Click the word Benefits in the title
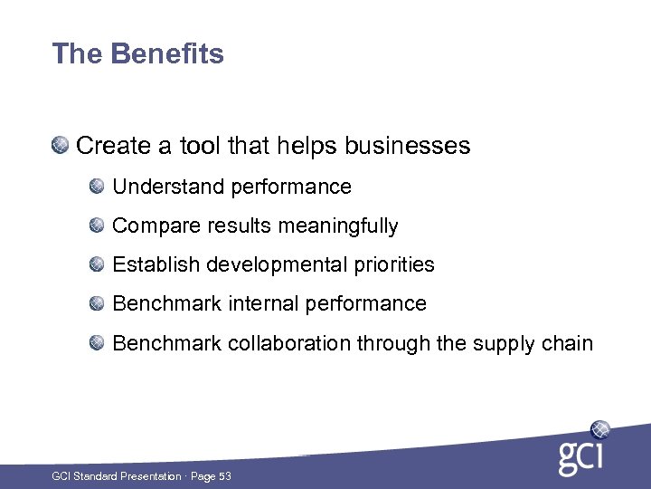pyautogui.click(x=167, y=54)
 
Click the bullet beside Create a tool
pyautogui.click(x=60, y=144)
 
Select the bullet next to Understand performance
pyautogui.click(x=97, y=186)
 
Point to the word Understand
pyautogui.click(x=168, y=187)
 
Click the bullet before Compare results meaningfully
pyautogui.click(x=97, y=225)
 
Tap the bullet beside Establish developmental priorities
pyautogui.click(x=97, y=264)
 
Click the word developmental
pyautogui.click(x=276, y=265)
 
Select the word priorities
pyautogui.click(x=394, y=265)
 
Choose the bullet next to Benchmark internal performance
pyautogui.click(x=97, y=302)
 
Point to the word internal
pyautogui.click(x=267, y=303)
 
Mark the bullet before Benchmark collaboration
pyautogui.click(x=97, y=342)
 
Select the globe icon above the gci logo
pyautogui.click(x=599, y=429)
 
